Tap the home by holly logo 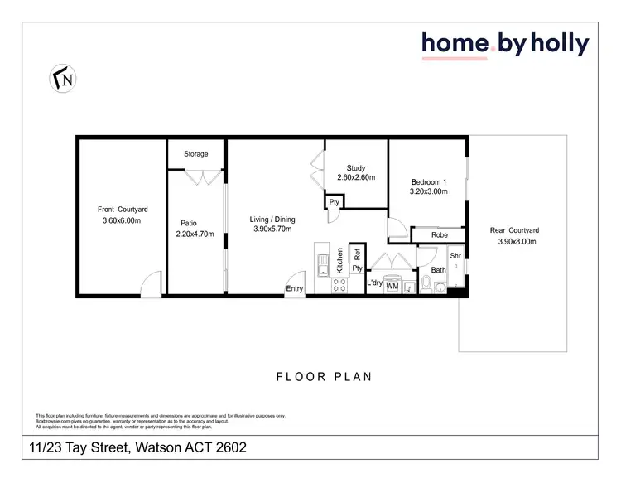point(504,44)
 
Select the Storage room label point(196,154)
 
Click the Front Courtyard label point(123,210)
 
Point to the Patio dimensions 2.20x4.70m point(195,234)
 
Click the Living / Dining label point(272,220)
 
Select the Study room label point(356,168)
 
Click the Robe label point(440,235)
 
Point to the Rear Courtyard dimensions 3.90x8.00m point(518,242)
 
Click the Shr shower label point(455,255)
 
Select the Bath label point(438,270)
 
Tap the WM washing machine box point(392,287)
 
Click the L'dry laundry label point(373,283)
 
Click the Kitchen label point(339,261)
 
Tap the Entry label point(294,288)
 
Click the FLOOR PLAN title point(324,377)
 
